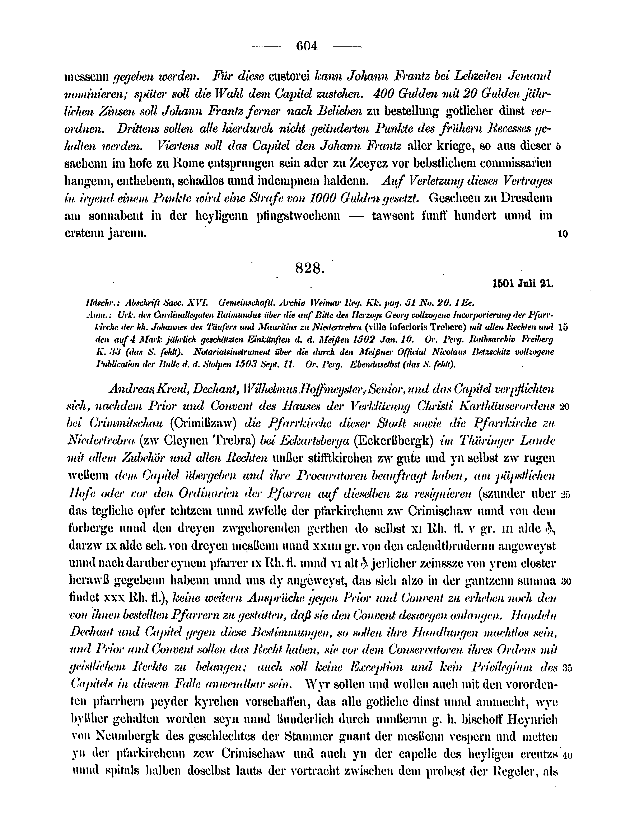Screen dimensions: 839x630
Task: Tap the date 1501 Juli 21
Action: [523, 284]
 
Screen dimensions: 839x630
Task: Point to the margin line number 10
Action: [563, 234]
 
